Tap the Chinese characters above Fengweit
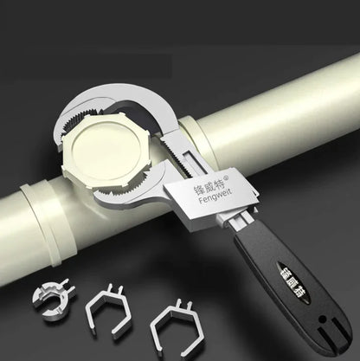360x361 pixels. (204, 184)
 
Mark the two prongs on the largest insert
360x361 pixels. (183, 305)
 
